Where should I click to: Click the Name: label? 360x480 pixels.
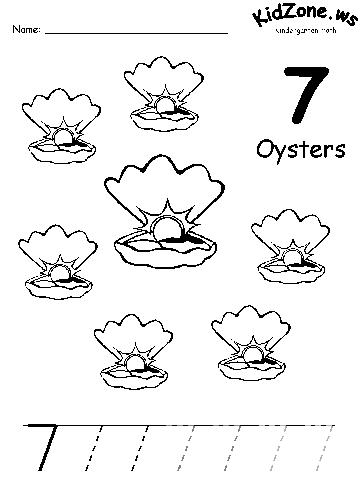pyautogui.click(x=26, y=29)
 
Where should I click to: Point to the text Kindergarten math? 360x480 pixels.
pyautogui.click(x=305, y=31)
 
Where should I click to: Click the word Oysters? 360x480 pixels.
pyautogui.click(x=301, y=149)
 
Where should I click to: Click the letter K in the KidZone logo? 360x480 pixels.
pyautogui.click(x=261, y=18)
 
